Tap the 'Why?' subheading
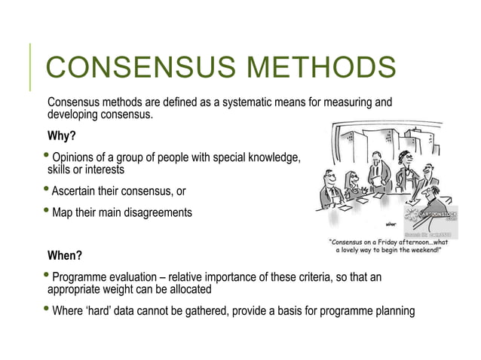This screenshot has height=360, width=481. [x=61, y=136]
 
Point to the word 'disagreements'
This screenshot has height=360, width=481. [x=156, y=213]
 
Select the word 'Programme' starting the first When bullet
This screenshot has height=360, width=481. [x=80, y=277]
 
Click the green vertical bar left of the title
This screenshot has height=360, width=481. [x=32, y=68]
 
